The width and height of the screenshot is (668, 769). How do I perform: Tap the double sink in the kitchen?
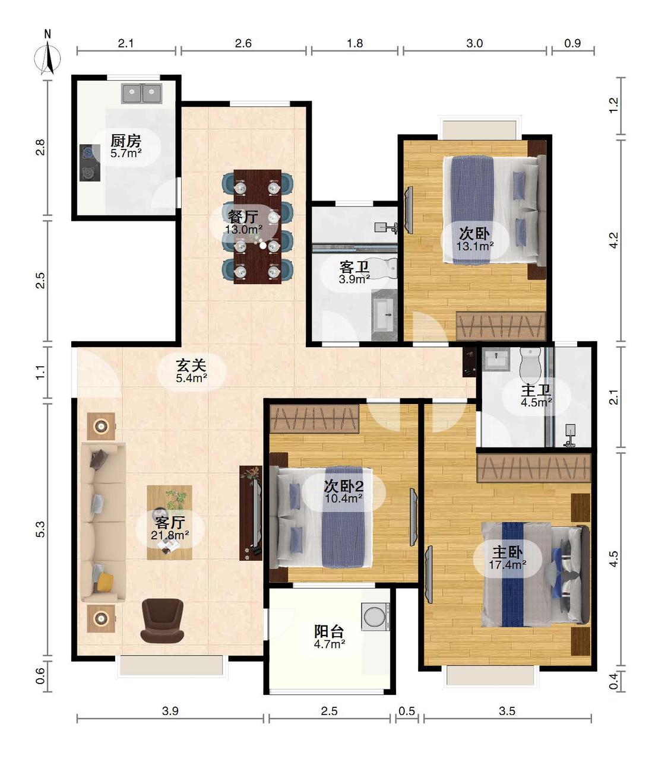click(x=142, y=94)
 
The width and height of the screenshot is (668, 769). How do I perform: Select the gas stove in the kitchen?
click(x=90, y=163)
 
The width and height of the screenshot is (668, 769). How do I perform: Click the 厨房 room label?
click(x=126, y=141)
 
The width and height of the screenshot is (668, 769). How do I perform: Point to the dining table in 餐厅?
click(x=257, y=227)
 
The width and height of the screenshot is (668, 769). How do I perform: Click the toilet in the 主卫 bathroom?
click(x=530, y=363)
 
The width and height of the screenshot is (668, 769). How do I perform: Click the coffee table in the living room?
click(x=170, y=522)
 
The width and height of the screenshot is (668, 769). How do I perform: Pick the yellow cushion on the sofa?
click(x=105, y=581)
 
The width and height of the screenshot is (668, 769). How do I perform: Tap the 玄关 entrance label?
click(x=191, y=364)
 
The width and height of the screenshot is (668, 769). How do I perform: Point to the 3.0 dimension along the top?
click(x=474, y=43)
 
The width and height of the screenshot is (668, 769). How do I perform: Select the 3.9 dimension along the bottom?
click(x=170, y=711)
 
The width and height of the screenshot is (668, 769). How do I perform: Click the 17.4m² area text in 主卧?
click(x=508, y=564)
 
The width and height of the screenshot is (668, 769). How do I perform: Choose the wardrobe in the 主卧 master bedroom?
click(x=534, y=468)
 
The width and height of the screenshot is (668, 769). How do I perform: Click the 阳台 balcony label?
click(x=329, y=631)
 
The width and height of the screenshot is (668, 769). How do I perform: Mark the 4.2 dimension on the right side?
click(x=613, y=240)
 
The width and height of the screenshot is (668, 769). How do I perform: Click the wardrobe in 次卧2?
click(x=315, y=419)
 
